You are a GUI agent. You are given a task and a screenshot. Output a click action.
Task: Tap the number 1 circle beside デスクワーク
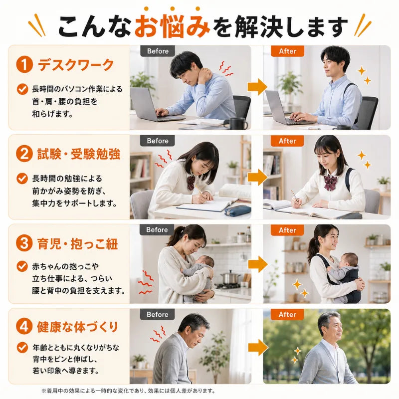click(x=24, y=64)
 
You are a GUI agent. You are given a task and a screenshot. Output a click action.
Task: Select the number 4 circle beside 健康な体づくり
click(x=24, y=327)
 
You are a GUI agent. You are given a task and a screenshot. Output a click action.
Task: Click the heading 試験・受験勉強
click(x=79, y=154)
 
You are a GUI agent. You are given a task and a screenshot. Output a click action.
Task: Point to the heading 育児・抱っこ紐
click(x=78, y=244)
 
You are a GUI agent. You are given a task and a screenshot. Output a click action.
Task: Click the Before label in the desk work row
click(x=158, y=51)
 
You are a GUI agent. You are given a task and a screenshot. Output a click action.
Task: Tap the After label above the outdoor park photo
click(x=287, y=315)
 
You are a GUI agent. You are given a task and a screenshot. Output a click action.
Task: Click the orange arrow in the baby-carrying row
click(x=258, y=264)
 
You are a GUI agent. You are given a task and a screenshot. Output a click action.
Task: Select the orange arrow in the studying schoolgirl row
click(x=258, y=177)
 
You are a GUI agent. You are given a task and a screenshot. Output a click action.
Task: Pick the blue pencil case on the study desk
click(x=238, y=211)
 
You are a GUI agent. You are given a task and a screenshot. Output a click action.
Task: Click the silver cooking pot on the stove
click(x=230, y=277)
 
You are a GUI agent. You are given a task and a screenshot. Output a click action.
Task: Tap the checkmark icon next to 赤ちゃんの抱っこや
click(x=22, y=266)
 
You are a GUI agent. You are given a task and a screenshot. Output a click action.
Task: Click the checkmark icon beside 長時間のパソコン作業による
click(x=22, y=89)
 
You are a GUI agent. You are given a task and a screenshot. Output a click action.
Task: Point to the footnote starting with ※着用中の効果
click(x=128, y=391)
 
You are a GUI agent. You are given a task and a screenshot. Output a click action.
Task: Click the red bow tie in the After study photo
click(x=331, y=182)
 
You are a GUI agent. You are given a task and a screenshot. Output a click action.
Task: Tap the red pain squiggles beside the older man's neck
click(x=158, y=334)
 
